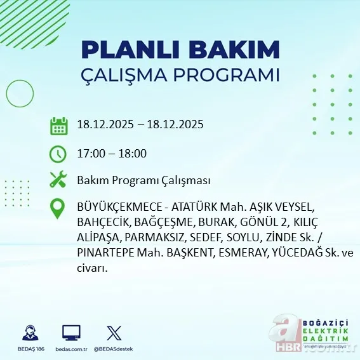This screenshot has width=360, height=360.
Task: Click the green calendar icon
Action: click(58, 125)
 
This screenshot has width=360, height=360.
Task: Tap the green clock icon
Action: click(58, 153)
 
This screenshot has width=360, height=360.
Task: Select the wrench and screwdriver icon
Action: click(58, 180)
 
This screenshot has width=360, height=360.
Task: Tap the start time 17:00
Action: click(90, 153)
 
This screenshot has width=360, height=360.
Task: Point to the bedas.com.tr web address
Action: click(71, 349)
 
